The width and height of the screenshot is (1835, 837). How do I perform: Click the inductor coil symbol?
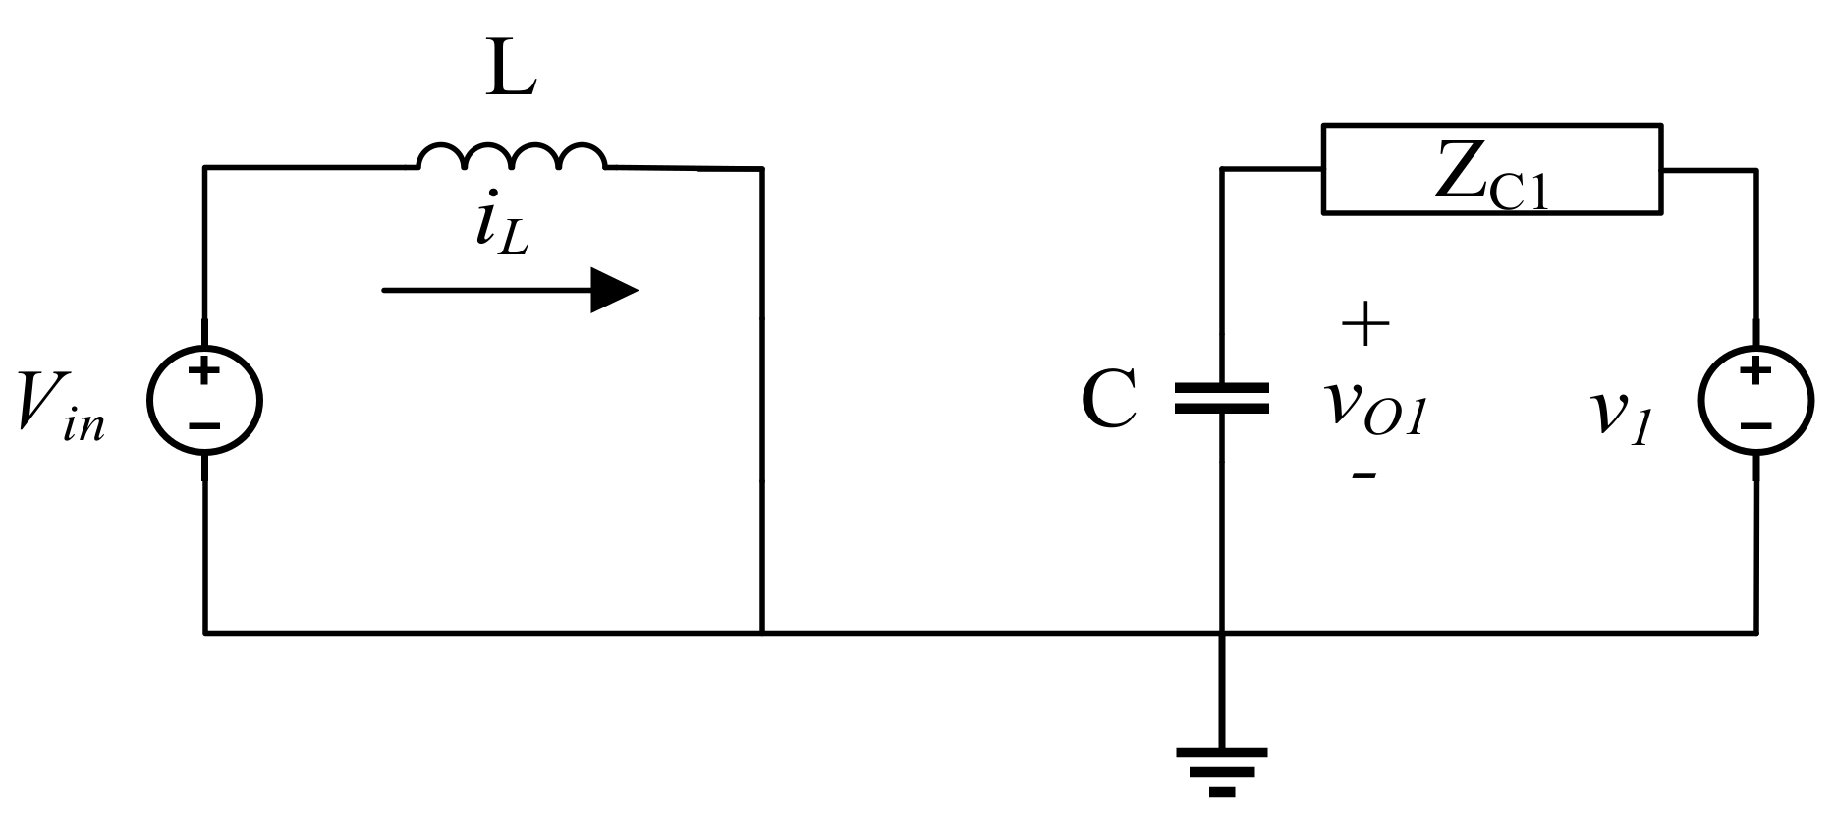pos(511,157)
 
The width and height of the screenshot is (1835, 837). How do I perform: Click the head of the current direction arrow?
pos(614,291)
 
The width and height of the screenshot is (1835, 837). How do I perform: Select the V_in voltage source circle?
pos(204,400)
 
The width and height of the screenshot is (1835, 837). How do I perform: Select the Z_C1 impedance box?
pos(1491,169)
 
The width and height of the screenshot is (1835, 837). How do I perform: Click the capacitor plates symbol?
pos(1222,398)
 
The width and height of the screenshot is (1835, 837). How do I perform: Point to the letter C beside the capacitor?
pos(1109,401)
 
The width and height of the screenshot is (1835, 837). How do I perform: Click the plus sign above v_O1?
pos(1365,324)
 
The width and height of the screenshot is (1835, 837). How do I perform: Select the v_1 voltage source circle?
pos(1756,400)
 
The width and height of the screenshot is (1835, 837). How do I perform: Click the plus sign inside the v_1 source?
pos(1755,371)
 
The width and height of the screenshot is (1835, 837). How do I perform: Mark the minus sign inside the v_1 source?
pos(1755,426)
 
